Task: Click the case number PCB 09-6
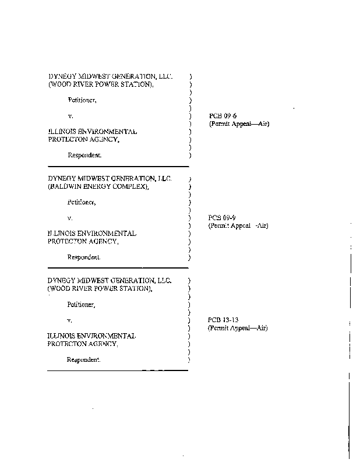pos(223,115)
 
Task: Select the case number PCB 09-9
pos(222,217)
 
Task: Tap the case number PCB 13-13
pos(223,320)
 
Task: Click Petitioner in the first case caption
pos(82,100)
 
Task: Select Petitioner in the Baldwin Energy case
pos(82,202)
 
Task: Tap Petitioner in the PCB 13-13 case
pos(81,305)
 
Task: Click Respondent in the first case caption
pos(84,155)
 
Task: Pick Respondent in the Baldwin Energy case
pos(84,257)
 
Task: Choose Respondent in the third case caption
pos(83,359)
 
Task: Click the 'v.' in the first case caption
pos(70,116)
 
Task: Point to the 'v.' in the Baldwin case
pos(70,218)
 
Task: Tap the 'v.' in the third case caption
pos(69,321)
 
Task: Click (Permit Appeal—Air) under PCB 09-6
pos(239,123)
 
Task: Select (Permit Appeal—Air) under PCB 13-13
pos(238,328)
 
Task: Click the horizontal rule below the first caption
pos(118,167)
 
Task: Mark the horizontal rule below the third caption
pos(118,370)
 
